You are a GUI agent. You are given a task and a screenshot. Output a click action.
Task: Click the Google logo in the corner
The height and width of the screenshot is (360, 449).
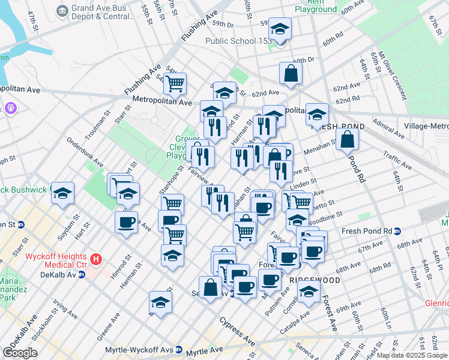click(20, 353)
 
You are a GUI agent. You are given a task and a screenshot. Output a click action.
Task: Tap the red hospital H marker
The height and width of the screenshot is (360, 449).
click(96, 260)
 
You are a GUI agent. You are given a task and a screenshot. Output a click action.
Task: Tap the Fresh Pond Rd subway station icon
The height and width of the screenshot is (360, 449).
click(406, 231)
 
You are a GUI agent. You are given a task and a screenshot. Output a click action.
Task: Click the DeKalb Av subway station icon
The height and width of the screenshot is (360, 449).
click(81, 275)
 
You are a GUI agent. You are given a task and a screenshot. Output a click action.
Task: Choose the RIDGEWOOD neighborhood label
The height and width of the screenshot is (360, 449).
click(314, 280)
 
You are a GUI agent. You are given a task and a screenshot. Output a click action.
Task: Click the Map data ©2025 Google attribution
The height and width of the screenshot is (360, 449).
click(412, 355)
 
